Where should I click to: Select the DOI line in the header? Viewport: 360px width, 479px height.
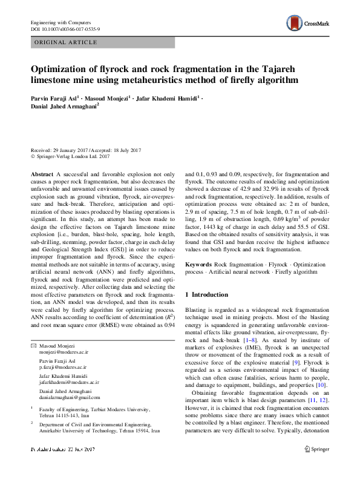pyautogui.click(x=65, y=28)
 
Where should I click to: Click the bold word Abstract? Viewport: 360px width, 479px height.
pyautogui.click(x=42, y=174)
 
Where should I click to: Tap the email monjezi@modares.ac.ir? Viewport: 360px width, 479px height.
pyautogui.click(x=64, y=351)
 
